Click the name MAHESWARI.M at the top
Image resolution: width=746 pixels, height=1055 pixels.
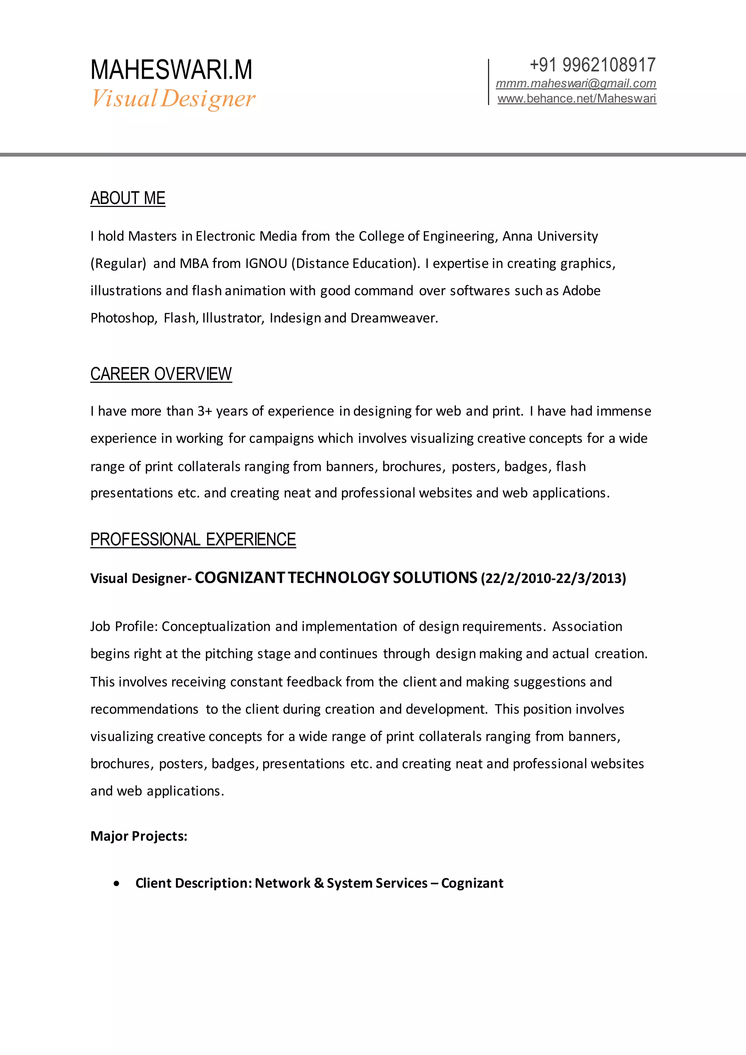pyautogui.click(x=171, y=70)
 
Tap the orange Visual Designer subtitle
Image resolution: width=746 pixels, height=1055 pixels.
pyautogui.click(x=173, y=99)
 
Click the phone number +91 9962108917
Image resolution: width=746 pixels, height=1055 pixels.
pyautogui.click(x=593, y=65)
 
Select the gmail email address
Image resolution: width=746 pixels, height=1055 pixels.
pyautogui.click(x=576, y=84)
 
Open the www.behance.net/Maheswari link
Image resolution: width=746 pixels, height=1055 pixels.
pyautogui.click(x=577, y=99)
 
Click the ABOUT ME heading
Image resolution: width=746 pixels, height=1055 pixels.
pyautogui.click(x=128, y=199)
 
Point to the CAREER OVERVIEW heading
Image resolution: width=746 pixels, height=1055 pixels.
pyautogui.click(x=161, y=374)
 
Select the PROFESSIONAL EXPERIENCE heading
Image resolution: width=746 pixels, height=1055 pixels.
pyautogui.click(x=193, y=540)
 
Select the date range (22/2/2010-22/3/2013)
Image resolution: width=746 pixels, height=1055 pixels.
pyautogui.click(x=553, y=579)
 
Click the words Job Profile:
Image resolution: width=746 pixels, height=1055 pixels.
pyautogui.click(x=124, y=627)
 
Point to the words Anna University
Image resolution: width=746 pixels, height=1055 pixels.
pyautogui.click(x=550, y=236)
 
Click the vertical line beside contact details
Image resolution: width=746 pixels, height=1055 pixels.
pyautogui.click(x=488, y=82)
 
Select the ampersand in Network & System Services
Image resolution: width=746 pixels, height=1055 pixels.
pyautogui.click(x=319, y=883)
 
